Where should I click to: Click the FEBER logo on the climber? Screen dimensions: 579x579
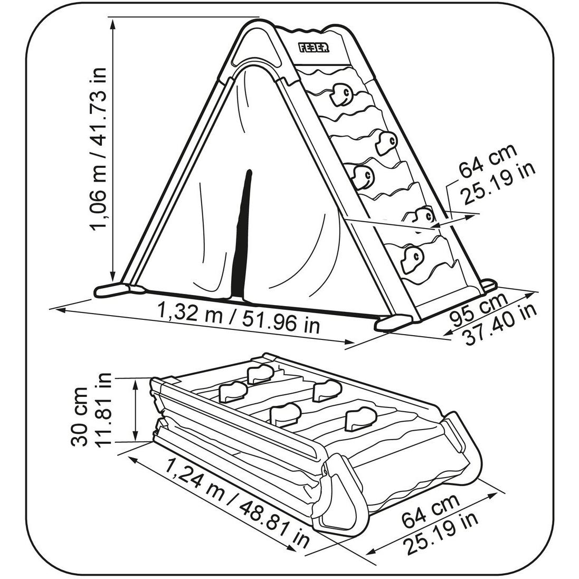click(x=315, y=48)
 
